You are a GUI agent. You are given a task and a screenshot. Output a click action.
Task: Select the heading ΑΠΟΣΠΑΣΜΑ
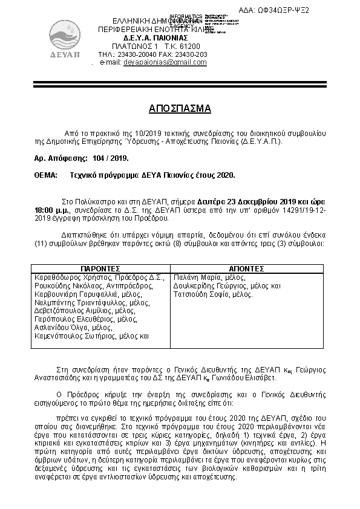tap(180, 109)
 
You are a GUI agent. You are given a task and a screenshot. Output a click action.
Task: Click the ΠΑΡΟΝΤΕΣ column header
tap(100, 268)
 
